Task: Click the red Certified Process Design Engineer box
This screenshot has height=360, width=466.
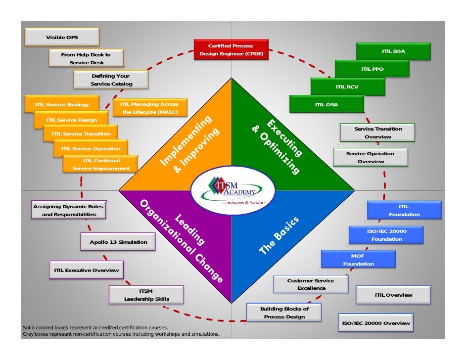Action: tap(231, 49)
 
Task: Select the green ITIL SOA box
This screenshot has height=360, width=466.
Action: tap(393, 51)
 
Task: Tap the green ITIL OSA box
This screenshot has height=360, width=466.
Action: tap(326, 104)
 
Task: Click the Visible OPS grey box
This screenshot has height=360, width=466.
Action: tap(62, 38)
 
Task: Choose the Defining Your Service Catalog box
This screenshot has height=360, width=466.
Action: tap(111, 80)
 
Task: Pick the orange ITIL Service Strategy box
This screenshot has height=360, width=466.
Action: tap(62, 104)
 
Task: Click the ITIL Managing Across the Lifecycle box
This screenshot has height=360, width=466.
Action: tap(149, 108)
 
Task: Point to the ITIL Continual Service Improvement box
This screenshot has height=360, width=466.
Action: tap(101, 165)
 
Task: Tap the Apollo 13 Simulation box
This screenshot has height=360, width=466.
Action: tap(118, 242)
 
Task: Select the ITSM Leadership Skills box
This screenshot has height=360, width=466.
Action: tap(146, 295)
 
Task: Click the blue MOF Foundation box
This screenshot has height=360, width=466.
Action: tap(358, 260)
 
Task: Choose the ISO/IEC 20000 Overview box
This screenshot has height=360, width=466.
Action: tap(375, 323)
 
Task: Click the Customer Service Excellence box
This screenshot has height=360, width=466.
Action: tap(311, 284)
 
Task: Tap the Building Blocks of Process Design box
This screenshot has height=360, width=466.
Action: tap(284, 313)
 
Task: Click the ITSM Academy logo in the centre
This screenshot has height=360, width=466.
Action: tap(233, 190)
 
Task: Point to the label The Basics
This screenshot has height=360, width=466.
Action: tap(279, 236)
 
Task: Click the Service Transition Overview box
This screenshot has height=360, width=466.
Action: tap(377, 133)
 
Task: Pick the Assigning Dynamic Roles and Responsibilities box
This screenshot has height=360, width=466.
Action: tap(68, 210)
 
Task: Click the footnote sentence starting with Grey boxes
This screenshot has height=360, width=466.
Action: tap(121, 334)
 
